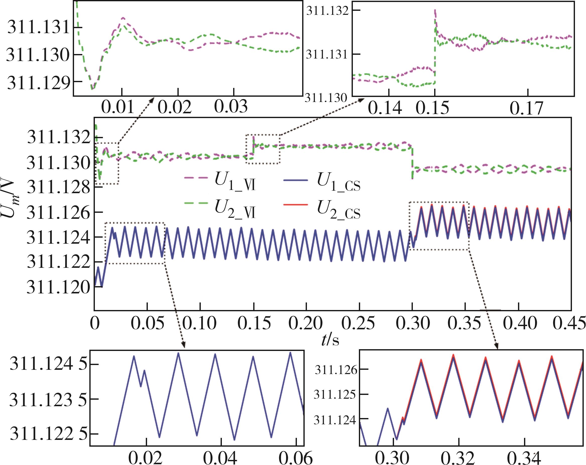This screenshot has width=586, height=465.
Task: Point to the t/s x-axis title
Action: [330, 340]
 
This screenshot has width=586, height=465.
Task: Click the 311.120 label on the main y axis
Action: [58, 287]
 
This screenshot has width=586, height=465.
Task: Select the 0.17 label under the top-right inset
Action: [526, 108]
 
